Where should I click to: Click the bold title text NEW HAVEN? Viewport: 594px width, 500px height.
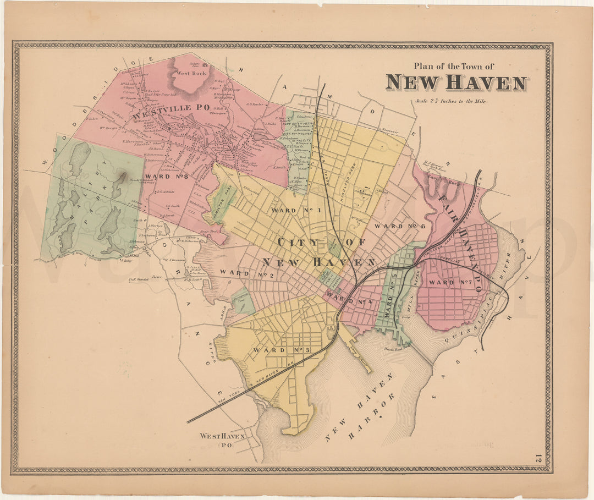[456, 83]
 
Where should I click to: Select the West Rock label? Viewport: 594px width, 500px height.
[191, 73]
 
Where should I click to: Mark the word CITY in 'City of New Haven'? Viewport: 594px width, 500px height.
[298, 243]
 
